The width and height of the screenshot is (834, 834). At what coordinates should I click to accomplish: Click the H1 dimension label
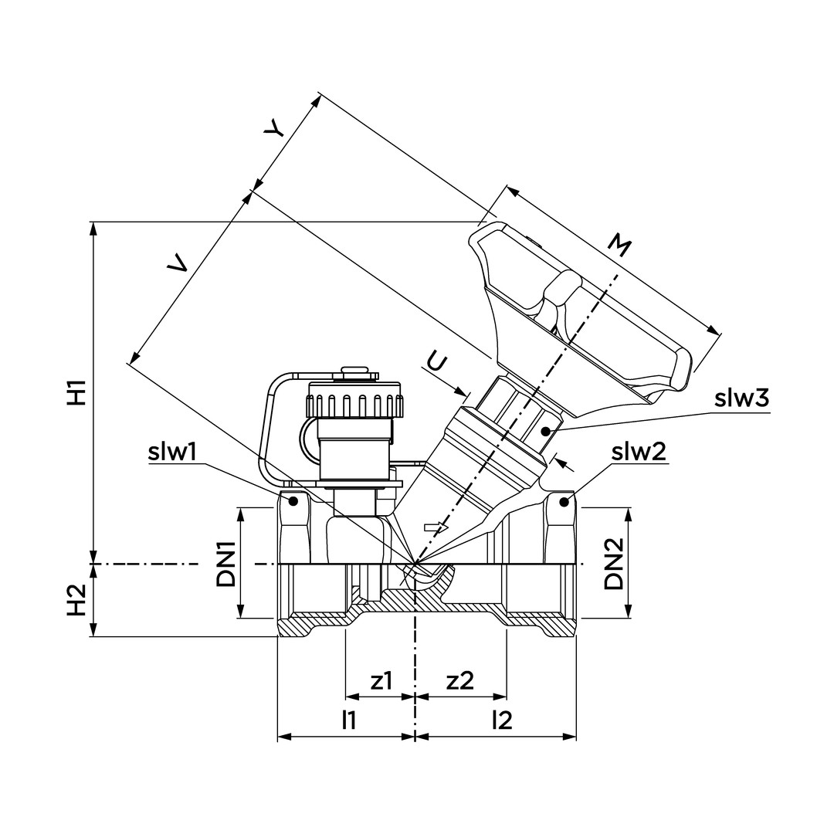[76, 392]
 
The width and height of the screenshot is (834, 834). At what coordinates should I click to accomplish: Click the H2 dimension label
[76, 600]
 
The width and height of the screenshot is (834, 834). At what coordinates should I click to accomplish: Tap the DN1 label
[226, 563]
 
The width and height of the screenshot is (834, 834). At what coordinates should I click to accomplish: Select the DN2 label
[615, 563]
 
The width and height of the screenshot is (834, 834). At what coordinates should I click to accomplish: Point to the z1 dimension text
[381, 681]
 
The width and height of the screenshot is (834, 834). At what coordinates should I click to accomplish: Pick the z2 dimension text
[460, 681]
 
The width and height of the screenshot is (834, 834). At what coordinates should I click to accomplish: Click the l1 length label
[349, 720]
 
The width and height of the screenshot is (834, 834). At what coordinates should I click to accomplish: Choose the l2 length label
[502, 720]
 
